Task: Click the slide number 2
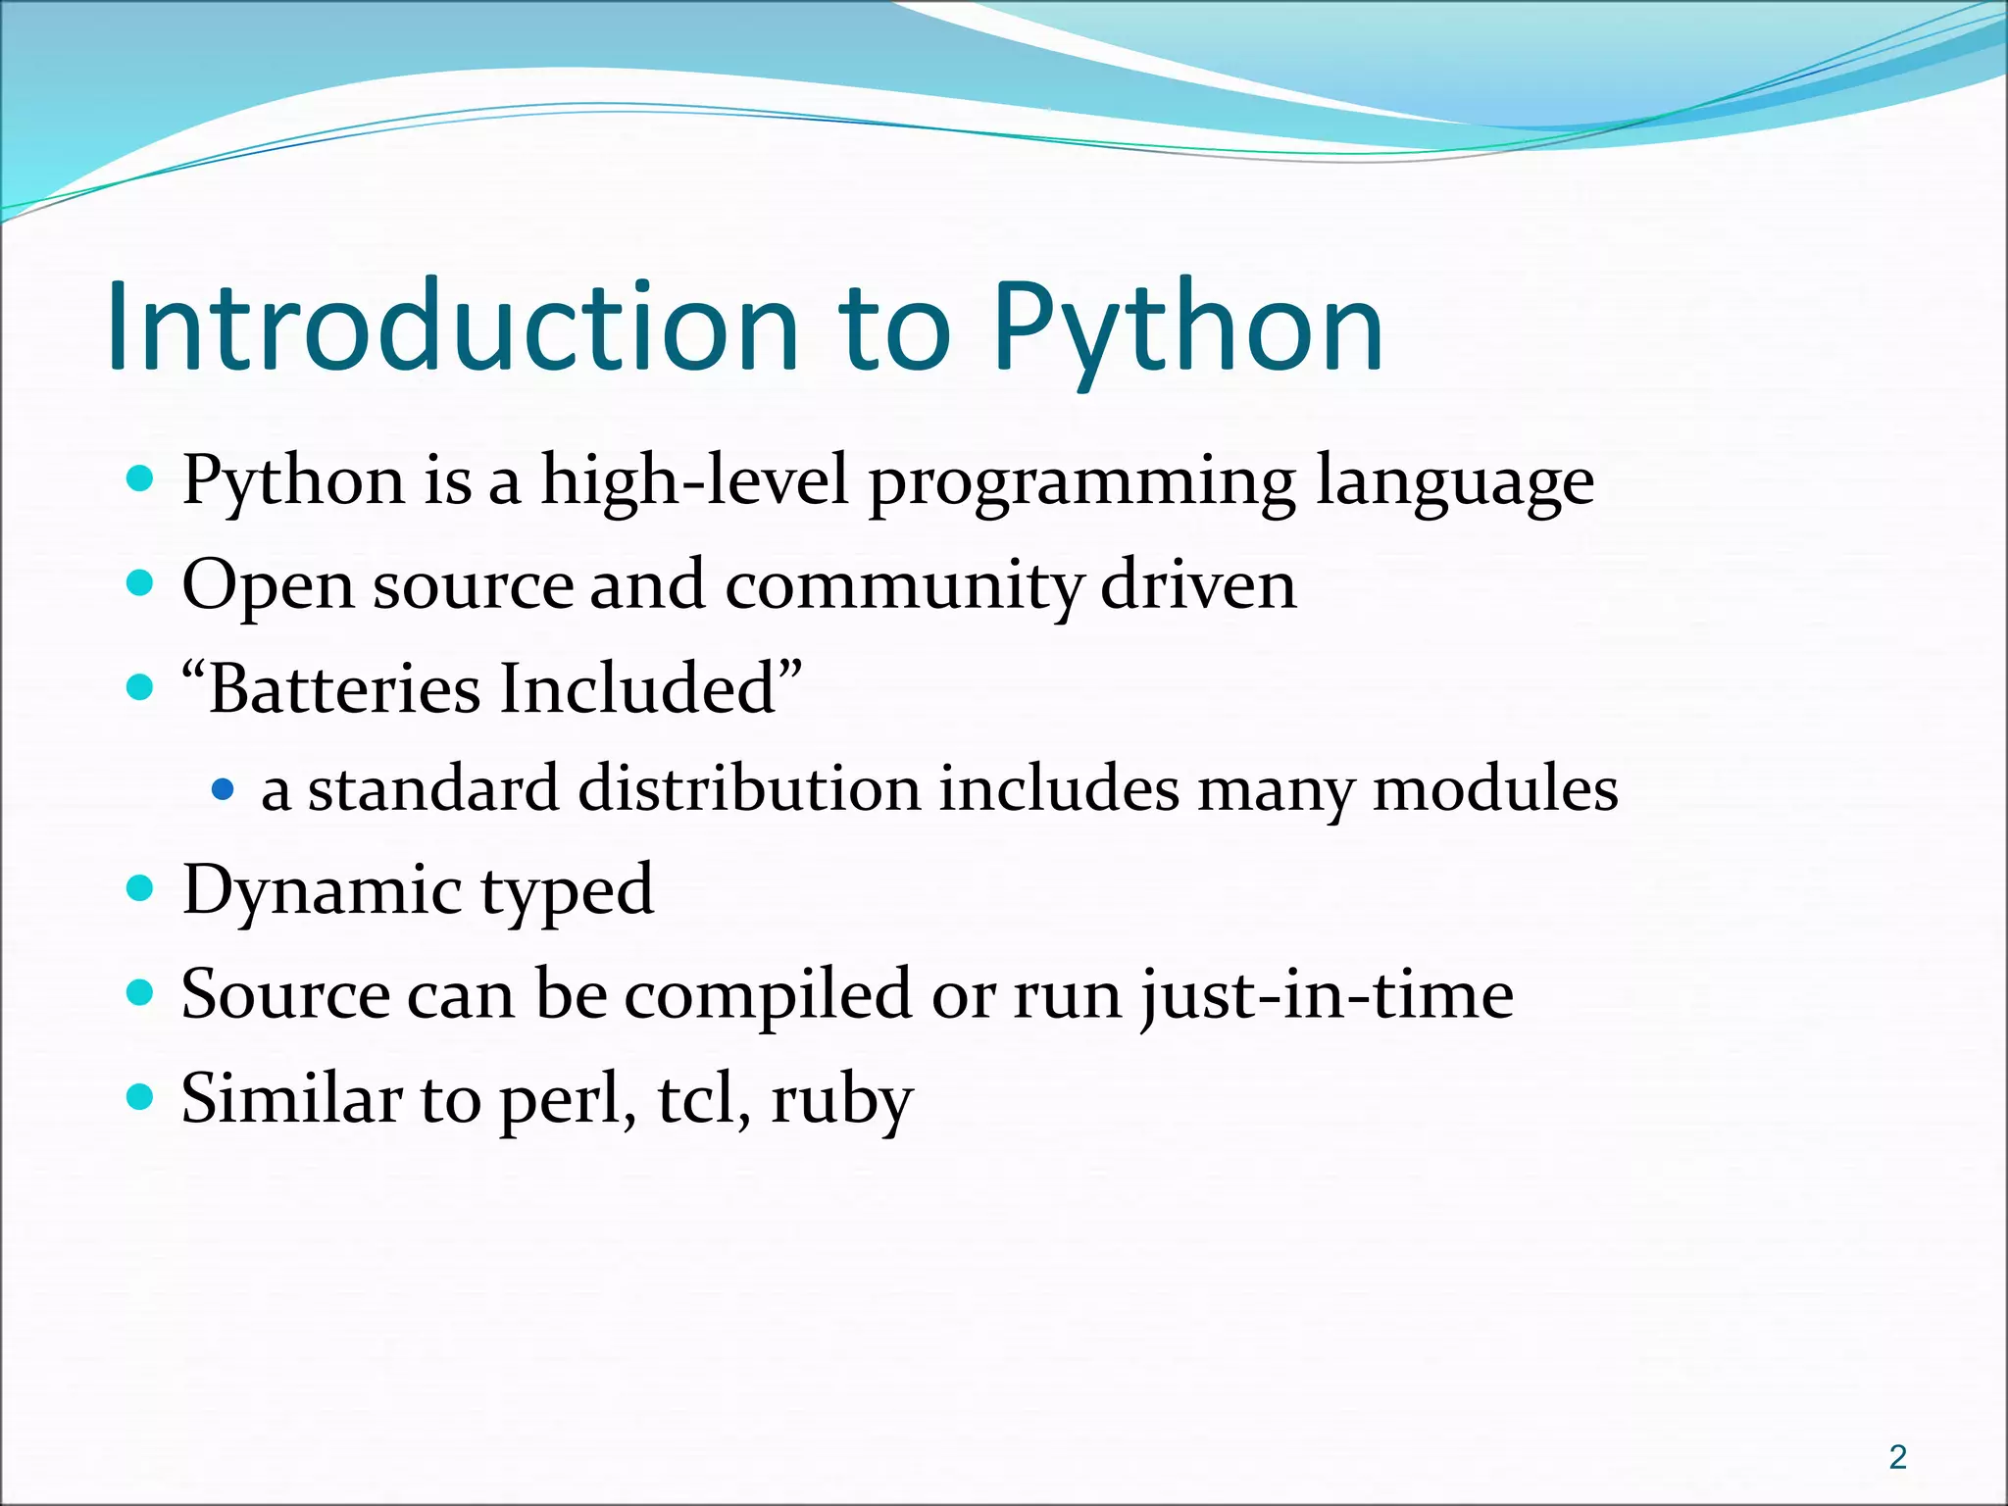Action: coord(1897,1457)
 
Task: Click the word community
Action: coord(903,585)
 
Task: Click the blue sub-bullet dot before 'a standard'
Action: coord(224,788)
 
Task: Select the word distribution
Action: coord(749,788)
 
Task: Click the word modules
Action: coord(1494,788)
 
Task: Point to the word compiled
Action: coord(768,995)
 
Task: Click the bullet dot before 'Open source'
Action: coord(141,584)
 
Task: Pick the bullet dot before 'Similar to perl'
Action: coord(141,1096)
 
